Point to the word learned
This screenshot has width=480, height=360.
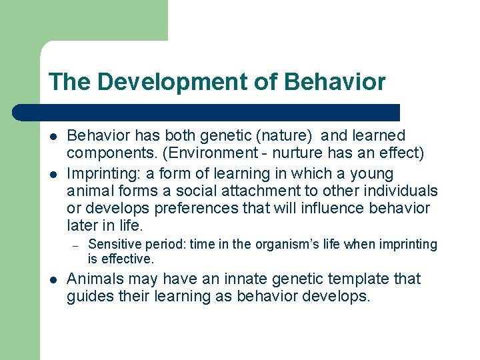(376, 136)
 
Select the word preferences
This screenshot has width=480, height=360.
(194, 208)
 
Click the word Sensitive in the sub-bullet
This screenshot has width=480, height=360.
(113, 245)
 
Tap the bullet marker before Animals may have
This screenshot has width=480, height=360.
(53, 278)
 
